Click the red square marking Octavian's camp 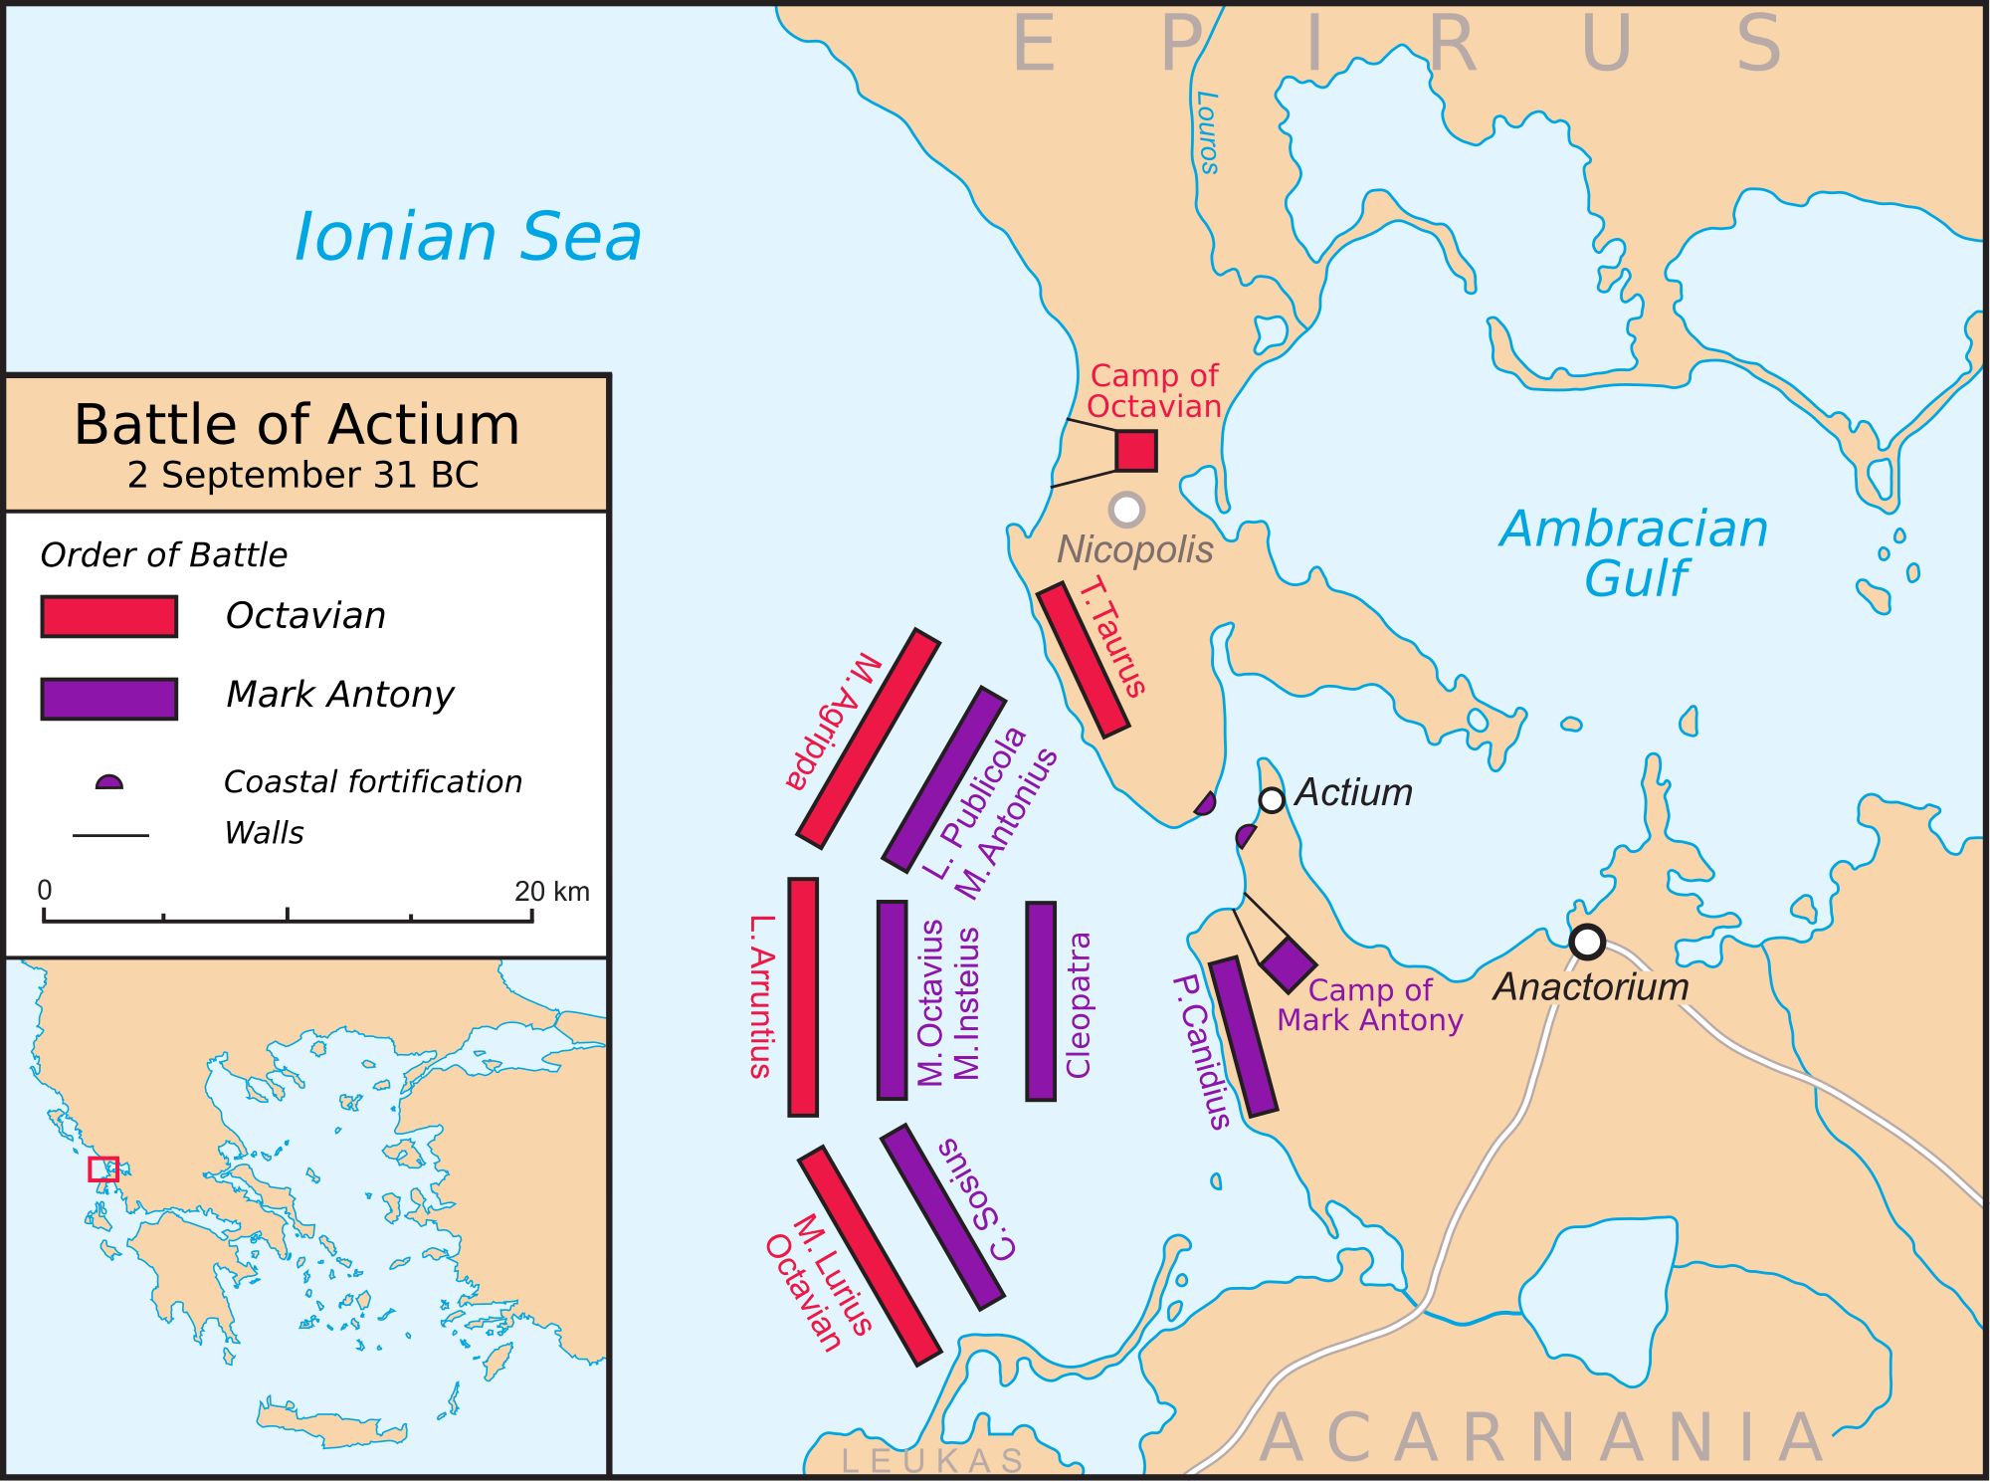click(x=1135, y=451)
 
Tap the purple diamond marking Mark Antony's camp click(x=1289, y=964)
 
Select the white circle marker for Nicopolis click(x=1126, y=510)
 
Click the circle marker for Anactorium click(x=1587, y=941)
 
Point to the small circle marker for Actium click(x=1272, y=800)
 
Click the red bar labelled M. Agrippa click(x=868, y=738)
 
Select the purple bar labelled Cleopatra click(x=1041, y=1001)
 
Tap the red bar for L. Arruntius click(x=803, y=997)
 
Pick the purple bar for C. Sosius click(x=942, y=1216)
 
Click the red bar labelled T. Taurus click(x=1083, y=660)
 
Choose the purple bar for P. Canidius click(x=1243, y=1036)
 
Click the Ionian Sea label click(x=468, y=238)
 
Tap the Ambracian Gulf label click(x=1634, y=553)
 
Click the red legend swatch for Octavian click(x=109, y=616)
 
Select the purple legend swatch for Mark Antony click(x=109, y=699)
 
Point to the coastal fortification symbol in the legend click(x=109, y=782)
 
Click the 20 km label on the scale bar click(x=551, y=891)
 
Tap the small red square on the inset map click(x=103, y=1168)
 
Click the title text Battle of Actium click(x=297, y=425)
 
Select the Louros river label click(x=1207, y=132)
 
